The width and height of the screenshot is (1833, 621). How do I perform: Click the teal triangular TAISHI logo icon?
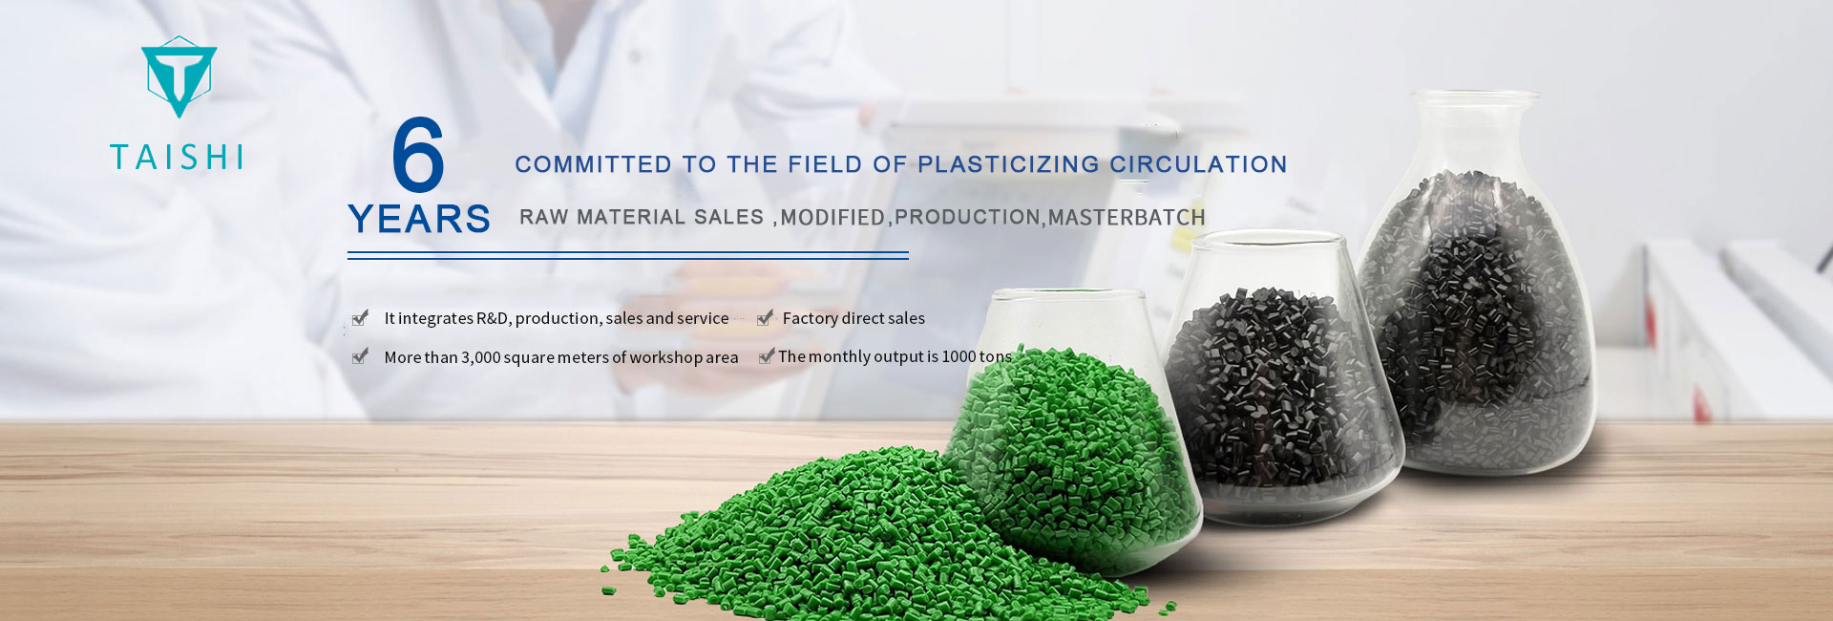point(179,76)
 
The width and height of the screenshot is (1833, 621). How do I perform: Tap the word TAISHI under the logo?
point(178,158)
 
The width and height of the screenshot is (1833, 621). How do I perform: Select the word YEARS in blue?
point(419,219)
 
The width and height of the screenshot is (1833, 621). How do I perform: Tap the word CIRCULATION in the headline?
point(1198,164)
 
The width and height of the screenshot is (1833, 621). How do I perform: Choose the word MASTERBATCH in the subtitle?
point(1127,218)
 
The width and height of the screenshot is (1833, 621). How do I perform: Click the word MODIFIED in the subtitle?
point(833,218)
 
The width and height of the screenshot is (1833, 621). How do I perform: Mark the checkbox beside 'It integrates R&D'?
point(360,318)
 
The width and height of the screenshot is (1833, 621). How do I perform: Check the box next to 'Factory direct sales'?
point(765,318)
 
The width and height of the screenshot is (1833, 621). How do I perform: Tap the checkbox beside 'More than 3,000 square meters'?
point(360,356)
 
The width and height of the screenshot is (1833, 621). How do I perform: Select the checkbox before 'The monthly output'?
point(766,356)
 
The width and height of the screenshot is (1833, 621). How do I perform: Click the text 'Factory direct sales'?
point(853,318)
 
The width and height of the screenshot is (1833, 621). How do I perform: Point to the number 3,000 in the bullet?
point(481,357)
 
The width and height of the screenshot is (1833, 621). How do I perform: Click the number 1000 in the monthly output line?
point(959,356)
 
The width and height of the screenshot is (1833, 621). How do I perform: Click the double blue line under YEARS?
point(628,255)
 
